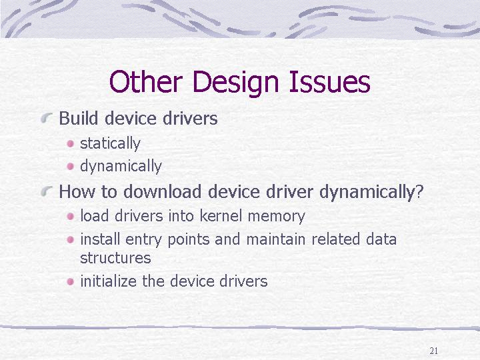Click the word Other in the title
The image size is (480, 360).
[146, 81]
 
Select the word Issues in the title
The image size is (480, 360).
[329, 81]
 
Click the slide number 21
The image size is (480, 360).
[434, 351]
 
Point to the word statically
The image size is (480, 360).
[110, 143]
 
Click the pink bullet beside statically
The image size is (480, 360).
[71, 143]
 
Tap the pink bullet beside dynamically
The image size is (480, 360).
[71, 166]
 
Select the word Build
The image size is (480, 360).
[79, 118]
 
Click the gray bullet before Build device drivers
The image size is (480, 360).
[47, 117]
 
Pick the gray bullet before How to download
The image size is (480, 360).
[47, 191]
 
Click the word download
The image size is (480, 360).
[162, 191]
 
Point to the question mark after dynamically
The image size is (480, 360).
[420, 191]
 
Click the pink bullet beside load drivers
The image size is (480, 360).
[71, 217]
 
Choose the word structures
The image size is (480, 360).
[115, 258]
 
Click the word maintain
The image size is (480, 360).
[276, 239]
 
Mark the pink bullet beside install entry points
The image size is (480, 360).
[71, 239]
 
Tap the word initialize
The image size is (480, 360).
[109, 281]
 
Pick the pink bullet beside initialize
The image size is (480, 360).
[71, 281]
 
